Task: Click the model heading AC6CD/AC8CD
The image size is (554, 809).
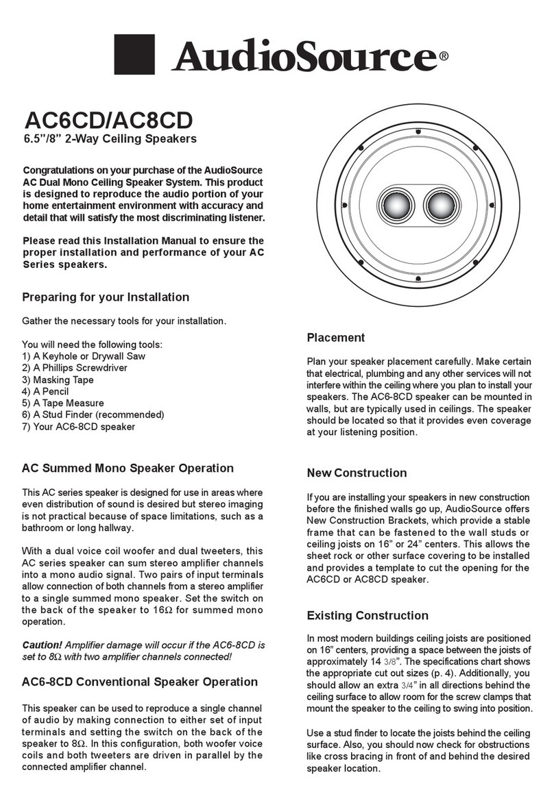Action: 109,120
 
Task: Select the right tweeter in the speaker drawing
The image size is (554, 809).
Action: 439,204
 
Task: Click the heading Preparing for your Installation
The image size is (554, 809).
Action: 106,297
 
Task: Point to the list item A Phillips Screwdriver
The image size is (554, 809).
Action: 75,368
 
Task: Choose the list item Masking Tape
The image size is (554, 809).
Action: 58,379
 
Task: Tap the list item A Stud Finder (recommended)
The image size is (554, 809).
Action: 93,415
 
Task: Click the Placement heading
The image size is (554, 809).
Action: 335,338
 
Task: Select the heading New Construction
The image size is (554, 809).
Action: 357,473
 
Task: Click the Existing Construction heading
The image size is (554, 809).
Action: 368,615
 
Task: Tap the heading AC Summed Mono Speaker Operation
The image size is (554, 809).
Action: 128,469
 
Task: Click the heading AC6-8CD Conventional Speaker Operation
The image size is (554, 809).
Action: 140,682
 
